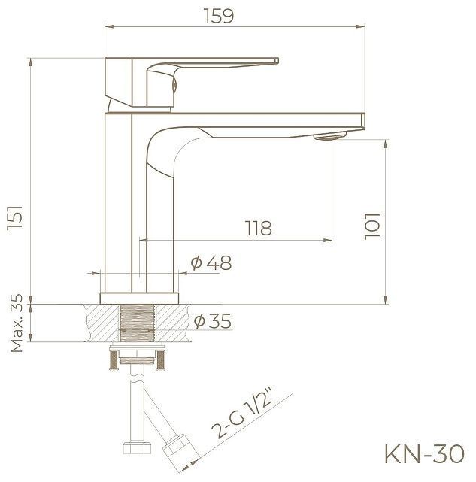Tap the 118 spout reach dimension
pyautogui.click(x=258, y=228)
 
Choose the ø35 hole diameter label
pyautogui.click(x=211, y=322)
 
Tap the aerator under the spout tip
pyautogui.click(x=329, y=135)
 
